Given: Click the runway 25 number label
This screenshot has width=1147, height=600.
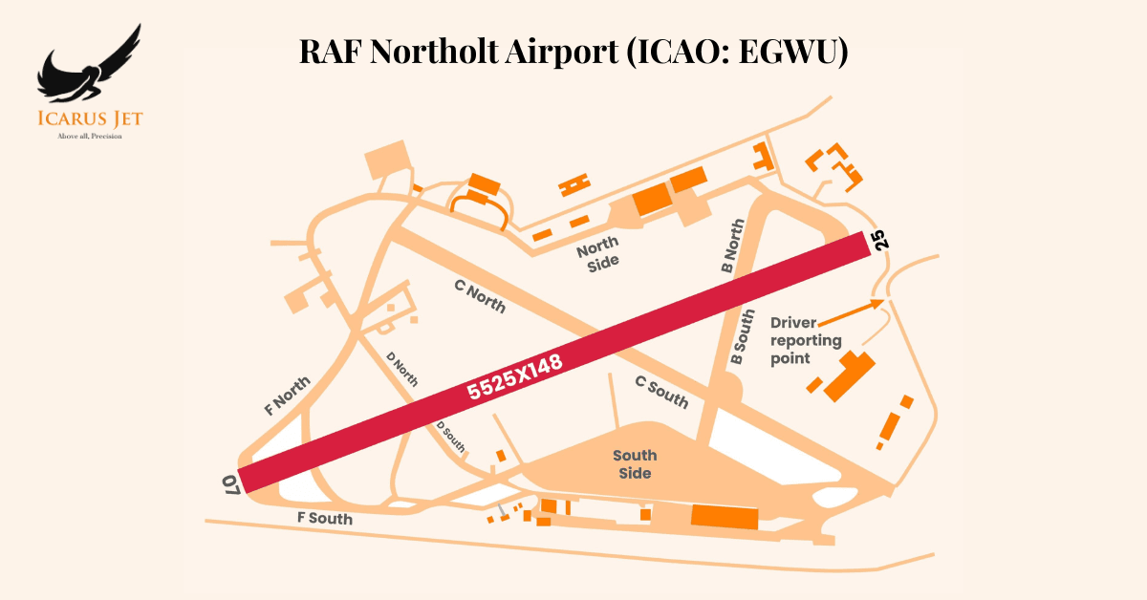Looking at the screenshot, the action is click(x=879, y=240).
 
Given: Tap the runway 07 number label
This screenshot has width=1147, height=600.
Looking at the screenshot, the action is click(x=230, y=484).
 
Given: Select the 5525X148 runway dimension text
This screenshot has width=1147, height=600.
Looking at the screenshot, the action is click(x=513, y=377).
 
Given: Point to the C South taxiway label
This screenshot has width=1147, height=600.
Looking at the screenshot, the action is click(x=661, y=392).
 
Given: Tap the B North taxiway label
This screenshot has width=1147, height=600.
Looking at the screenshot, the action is click(x=733, y=247).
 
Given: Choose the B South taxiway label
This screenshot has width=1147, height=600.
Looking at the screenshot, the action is click(x=743, y=337).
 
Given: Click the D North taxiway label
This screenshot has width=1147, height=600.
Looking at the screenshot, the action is click(x=402, y=370).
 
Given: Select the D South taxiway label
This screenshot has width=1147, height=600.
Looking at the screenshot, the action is click(x=451, y=437).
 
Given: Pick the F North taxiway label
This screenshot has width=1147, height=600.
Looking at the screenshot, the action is click(x=288, y=396).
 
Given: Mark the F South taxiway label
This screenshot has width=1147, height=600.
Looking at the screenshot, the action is click(x=325, y=519).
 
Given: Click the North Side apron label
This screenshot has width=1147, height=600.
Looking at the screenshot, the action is click(x=597, y=253).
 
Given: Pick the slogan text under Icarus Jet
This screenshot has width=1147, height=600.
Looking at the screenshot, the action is click(x=90, y=136).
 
